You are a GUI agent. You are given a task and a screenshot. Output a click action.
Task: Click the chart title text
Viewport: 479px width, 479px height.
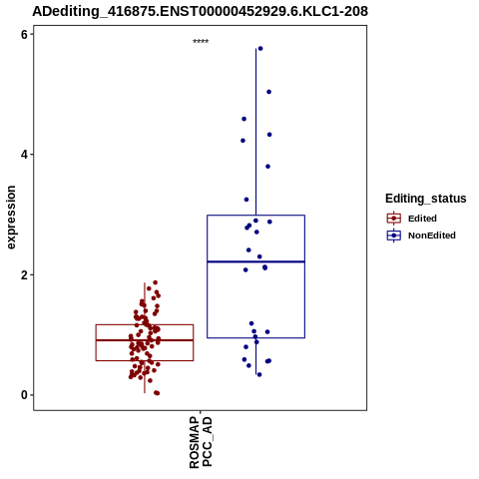tap(200, 11)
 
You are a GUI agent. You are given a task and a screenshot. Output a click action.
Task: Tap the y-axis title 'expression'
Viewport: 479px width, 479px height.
tap(11, 218)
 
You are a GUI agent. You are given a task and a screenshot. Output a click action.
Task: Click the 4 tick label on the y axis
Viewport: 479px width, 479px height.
tap(25, 155)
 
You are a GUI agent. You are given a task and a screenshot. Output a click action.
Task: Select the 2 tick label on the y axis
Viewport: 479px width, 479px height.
tap(25, 275)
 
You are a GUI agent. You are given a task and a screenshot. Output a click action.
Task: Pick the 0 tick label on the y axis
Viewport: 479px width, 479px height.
tap(25, 395)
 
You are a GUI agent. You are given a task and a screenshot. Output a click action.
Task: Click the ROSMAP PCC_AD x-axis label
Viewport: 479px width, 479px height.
tap(201, 443)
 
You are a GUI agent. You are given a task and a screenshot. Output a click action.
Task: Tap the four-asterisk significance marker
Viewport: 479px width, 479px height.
tap(201, 42)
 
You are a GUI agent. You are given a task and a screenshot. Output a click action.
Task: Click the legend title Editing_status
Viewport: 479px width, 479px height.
tap(426, 199)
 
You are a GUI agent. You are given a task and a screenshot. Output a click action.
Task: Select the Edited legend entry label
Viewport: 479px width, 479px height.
tap(422, 219)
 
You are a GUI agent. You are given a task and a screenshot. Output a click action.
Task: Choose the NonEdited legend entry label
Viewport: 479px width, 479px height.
tap(432, 236)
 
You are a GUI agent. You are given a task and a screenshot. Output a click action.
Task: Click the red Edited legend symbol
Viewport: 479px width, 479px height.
tap(394, 219)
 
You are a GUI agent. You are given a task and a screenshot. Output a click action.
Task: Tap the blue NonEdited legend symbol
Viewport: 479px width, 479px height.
tap(394, 236)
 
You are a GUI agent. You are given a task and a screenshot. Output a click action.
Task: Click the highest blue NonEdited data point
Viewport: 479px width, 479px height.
tap(260, 49)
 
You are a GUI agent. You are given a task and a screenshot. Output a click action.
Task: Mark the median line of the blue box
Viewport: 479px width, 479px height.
tap(256, 261)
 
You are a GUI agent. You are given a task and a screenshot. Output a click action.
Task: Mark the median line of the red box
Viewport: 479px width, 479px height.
tap(145, 340)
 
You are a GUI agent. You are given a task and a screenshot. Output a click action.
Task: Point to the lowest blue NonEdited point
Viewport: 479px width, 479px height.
tap(259, 375)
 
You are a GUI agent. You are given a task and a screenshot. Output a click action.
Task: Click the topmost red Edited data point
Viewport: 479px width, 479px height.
tap(156, 282)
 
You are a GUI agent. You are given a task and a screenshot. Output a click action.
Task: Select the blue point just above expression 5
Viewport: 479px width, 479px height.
tap(269, 92)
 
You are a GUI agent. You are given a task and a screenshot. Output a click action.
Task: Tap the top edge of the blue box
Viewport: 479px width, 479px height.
tap(256, 216)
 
